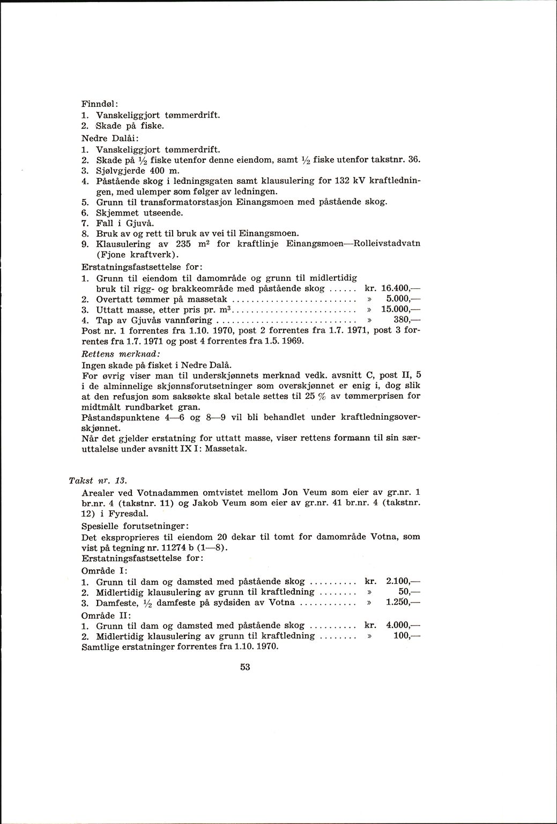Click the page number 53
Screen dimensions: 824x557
point(246,667)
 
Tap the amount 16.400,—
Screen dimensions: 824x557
point(399,288)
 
